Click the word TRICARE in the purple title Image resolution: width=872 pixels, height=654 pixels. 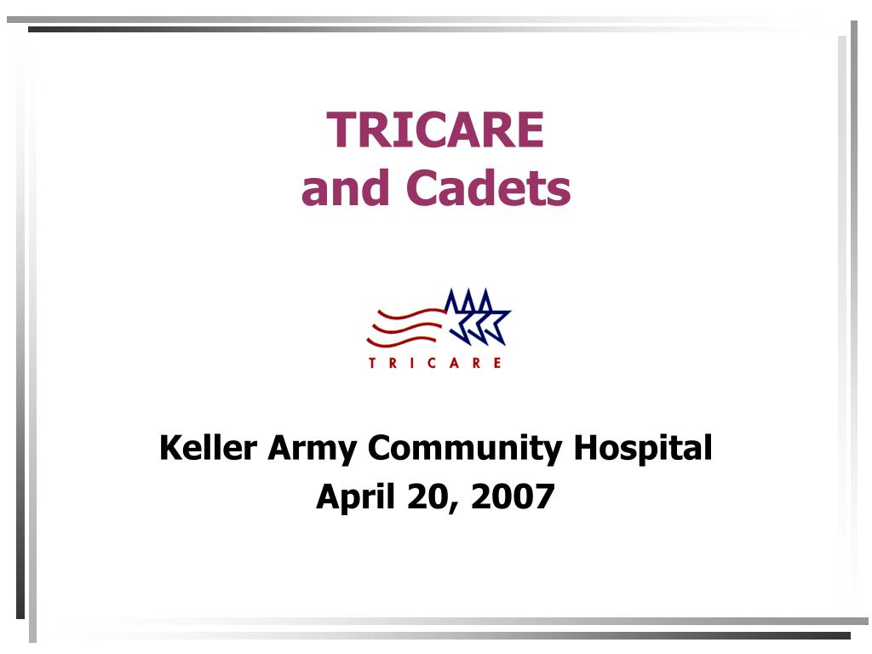[435, 129]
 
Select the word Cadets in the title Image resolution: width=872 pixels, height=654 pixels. [488, 187]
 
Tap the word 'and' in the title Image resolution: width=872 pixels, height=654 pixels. [345, 187]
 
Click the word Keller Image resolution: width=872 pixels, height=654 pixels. [208, 448]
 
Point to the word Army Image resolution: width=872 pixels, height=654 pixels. [313, 450]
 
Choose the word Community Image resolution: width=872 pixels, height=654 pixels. [465, 450]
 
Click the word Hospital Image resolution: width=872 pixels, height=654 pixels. [643, 450]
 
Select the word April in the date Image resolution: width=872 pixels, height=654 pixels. [355, 497]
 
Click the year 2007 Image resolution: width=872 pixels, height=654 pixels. [513, 496]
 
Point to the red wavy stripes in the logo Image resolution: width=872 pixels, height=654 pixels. [404, 328]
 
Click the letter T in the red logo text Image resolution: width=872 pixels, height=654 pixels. [372, 363]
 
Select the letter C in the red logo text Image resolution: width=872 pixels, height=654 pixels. [432, 363]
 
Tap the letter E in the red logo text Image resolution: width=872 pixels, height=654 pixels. [497, 363]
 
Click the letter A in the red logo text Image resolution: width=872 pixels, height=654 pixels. [455, 363]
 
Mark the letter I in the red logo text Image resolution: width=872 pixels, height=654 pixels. [412, 363]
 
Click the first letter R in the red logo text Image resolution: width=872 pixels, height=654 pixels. [393, 363]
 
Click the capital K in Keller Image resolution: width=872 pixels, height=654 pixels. [169, 448]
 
